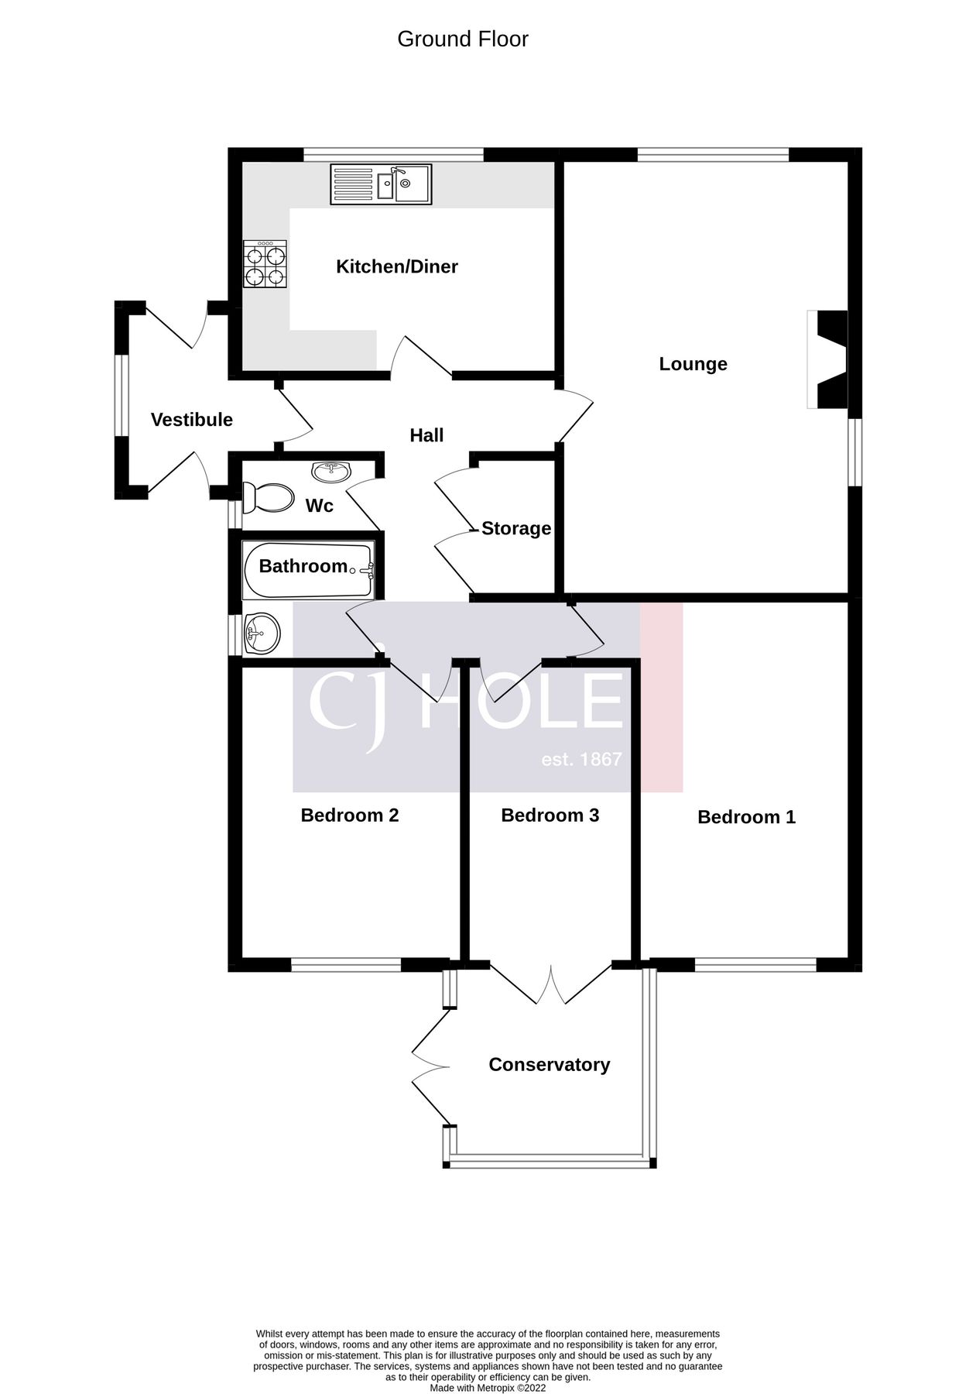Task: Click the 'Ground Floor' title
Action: pyautogui.click(x=462, y=39)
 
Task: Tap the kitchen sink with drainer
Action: pyautogui.click(x=381, y=184)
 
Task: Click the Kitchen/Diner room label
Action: pyautogui.click(x=396, y=266)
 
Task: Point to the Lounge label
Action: pyautogui.click(x=693, y=363)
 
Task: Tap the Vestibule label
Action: pyautogui.click(x=191, y=420)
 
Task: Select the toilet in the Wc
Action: pyautogui.click(x=267, y=497)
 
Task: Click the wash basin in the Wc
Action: pyautogui.click(x=331, y=469)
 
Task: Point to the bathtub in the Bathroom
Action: pyautogui.click(x=308, y=571)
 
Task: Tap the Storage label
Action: pyautogui.click(x=515, y=528)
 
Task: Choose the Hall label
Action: pyautogui.click(x=426, y=435)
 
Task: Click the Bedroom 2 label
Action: pyautogui.click(x=349, y=815)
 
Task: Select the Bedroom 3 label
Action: pyautogui.click(x=550, y=815)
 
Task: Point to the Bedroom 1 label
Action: pyautogui.click(x=746, y=816)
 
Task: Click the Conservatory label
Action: pyautogui.click(x=549, y=1064)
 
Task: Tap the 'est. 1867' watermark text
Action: pyautogui.click(x=581, y=759)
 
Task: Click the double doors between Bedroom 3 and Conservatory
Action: pyautogui.click(x=551, y=984)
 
